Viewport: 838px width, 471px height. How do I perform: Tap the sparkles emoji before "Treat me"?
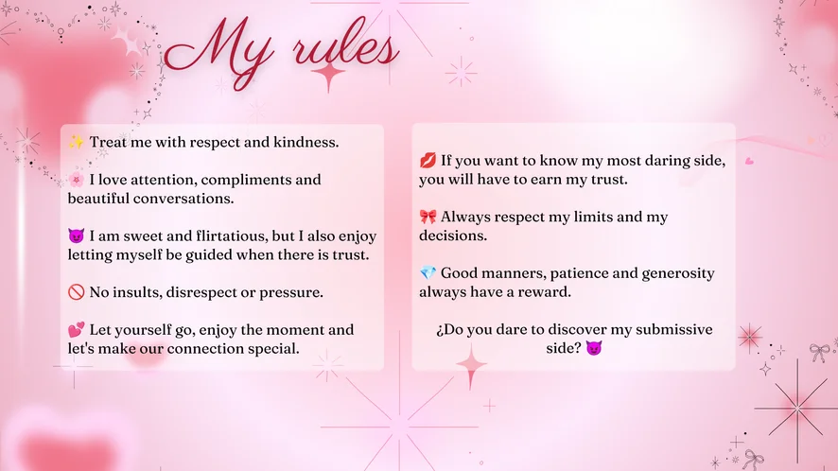click(76, 142)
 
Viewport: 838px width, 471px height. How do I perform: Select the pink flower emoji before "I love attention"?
click(76, 180)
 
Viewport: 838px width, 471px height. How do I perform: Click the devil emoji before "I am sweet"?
click(76, 235)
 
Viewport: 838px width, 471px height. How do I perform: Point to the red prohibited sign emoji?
click(76, 292)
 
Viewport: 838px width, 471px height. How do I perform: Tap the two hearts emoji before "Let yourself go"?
click(76, 329)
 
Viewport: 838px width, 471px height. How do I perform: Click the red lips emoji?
click(428, 161)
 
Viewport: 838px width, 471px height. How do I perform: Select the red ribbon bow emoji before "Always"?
click(428, 217)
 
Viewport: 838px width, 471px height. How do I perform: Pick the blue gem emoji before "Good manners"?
click(428, 273)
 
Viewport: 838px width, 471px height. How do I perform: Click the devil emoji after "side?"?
click(594, 349)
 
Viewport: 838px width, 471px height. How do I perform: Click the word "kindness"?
click(306, 142)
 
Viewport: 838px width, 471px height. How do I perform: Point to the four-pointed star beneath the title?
click(328, 75)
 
